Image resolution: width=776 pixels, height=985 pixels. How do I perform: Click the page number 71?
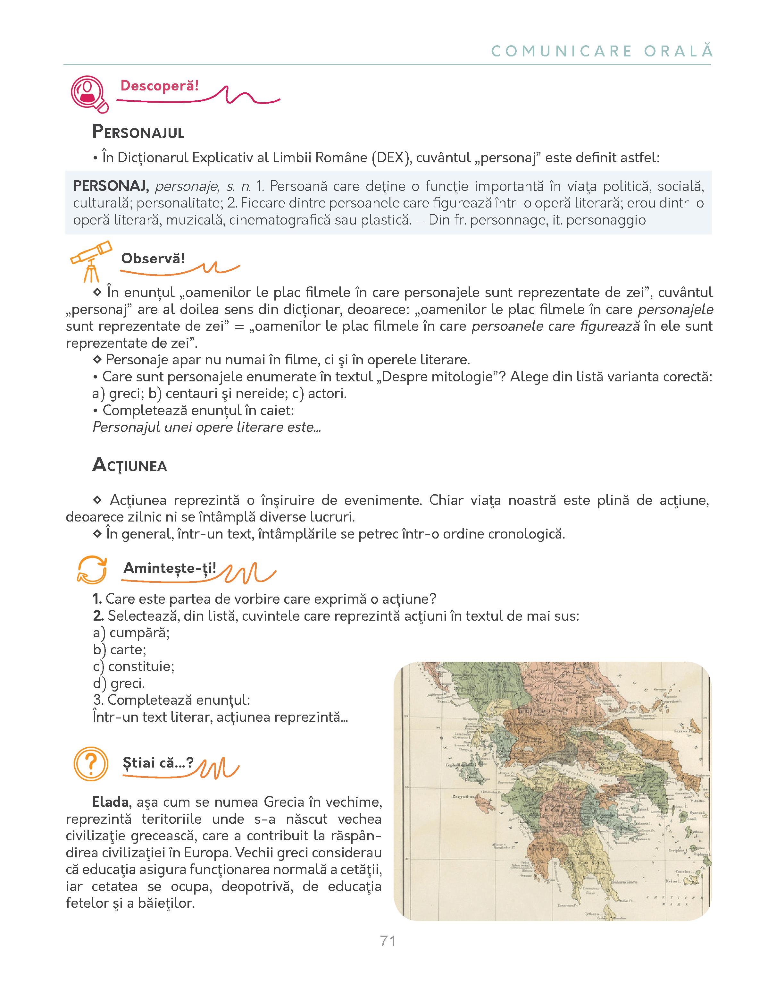[x=388, y=941]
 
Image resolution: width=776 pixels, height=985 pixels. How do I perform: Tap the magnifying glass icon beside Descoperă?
[x=89, y=93]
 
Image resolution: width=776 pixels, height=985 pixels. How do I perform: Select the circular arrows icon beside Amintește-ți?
[x=92, y=570]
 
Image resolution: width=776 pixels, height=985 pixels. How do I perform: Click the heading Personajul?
[x=138, y=132]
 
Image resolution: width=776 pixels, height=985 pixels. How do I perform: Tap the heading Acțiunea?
[x=130, y=465]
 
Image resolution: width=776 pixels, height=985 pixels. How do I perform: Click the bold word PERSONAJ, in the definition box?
[x=111, y=186]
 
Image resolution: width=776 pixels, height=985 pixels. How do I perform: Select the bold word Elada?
[x=110, y=802]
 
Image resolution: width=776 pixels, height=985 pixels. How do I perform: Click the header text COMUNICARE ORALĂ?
[x=602, y=51]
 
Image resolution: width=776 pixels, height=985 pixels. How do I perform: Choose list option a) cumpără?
[x=131, y=633]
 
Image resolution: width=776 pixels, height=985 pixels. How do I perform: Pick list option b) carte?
[x=120, y=650]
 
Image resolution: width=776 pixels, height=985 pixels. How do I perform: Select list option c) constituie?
[x=134, y=667]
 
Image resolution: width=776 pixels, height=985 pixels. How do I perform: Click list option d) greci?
[x=119, y=683]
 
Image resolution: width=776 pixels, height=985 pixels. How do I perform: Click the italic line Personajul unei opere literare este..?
[x=207, y=427]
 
